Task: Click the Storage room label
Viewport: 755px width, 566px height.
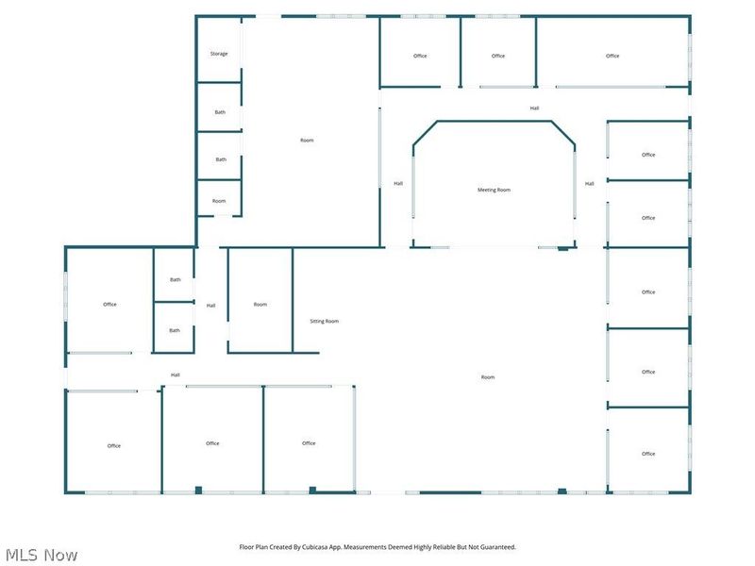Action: (219, 54)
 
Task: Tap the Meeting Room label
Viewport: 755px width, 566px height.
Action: (494, 191)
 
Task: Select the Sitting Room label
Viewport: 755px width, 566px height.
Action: (324, 321)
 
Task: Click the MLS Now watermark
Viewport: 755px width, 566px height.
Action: (42, 555)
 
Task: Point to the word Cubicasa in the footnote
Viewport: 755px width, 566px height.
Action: (315, 547)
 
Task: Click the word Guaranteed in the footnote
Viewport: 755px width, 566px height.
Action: (498, 547)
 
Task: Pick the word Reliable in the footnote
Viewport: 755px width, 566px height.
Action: (444, 547)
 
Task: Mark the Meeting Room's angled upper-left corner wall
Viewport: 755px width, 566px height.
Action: (426, 133)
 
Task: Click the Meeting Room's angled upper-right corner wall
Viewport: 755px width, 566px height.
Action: (563, 133)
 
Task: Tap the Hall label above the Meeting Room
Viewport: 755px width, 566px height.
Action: (534, 108)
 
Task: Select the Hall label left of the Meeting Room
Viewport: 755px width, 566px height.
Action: (398, 183)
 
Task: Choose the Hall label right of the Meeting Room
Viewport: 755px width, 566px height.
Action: (589, 183)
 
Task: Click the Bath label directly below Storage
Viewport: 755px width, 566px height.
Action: (220, 112)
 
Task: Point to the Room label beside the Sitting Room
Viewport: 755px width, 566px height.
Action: (260, 304)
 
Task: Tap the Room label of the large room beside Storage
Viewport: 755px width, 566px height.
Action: (307, 140)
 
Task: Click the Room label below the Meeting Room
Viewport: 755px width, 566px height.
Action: (488, 376)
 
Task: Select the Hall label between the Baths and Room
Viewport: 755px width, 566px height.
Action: (210, 305)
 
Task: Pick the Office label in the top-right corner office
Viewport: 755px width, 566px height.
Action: (612, 56)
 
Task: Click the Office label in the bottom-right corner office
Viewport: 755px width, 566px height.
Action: (648, 454)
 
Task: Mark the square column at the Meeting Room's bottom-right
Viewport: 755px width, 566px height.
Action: (562, 248)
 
